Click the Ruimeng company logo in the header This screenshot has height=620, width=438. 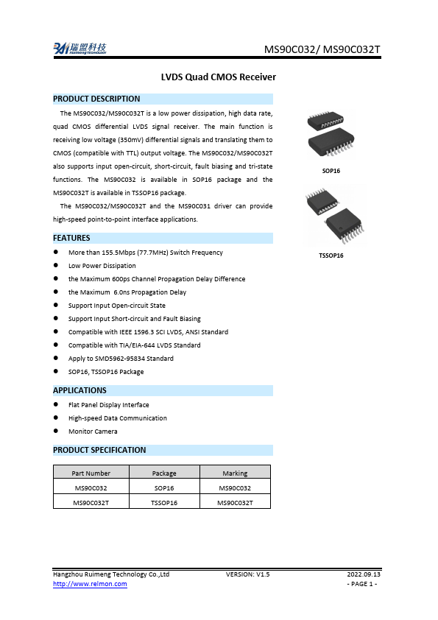pos(80,49)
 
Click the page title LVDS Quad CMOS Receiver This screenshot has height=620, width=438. pos(218,77)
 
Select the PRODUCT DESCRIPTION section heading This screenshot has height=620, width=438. pos(96,99)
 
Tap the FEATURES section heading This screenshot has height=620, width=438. pos(71,238)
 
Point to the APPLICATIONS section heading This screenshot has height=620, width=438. pos(80,390)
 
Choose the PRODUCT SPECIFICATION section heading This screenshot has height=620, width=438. pos(99,450)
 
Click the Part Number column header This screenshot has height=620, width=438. pos(91,473)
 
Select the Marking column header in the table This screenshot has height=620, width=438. pos(235,473)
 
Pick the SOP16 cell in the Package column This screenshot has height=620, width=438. pos(163,488)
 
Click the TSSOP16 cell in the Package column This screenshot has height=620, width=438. pos(163,503)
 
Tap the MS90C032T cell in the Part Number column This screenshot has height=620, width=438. pos(91,503)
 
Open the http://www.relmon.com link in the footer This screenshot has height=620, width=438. pos(90,584)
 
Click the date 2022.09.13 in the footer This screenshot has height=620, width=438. pos(364,574)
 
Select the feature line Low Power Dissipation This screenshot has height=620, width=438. pos(102,266)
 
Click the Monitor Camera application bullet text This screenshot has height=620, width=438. pos(93,431)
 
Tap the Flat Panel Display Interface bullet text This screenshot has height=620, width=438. pos(108,405)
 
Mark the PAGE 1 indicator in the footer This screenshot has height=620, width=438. pos(362,584)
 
